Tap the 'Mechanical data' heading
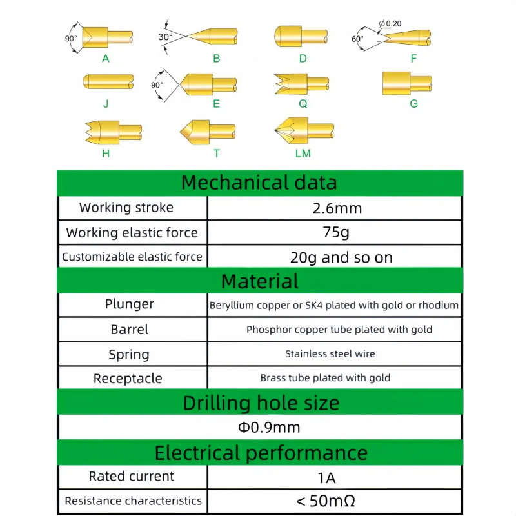tap(259, 183)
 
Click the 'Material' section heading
tap(259, 281)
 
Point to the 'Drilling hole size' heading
tap(259, 403)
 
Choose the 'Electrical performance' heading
tap(259, 452)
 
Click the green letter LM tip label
tap(303, 154)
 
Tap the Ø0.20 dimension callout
tap(390, 24)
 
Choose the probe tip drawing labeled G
tap(406, 83)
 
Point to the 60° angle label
tap(357, 39)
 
